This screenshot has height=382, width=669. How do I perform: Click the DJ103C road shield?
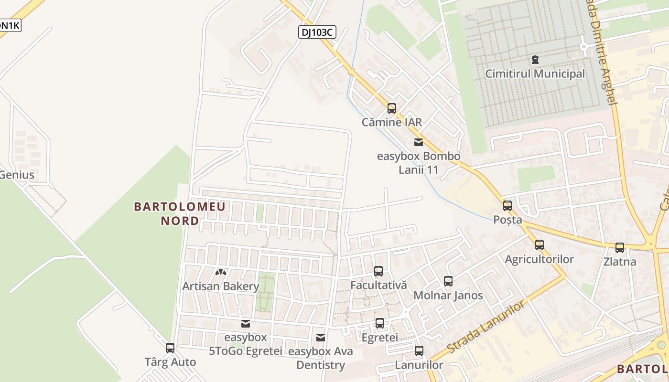click(x=317, y=32)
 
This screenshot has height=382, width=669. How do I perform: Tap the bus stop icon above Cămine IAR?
click(x=392, y=108)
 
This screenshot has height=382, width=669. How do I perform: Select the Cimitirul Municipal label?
click(x=535, y=74)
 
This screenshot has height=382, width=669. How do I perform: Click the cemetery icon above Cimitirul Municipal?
click(x=535, y=60)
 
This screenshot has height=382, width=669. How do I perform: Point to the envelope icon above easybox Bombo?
click(x=419, y=142)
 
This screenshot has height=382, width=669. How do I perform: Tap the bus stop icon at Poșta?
click(x=507, y=206)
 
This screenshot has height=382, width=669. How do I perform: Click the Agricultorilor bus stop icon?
click(x=540, y=245)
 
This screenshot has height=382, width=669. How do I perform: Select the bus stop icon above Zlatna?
click(x=620, y=248)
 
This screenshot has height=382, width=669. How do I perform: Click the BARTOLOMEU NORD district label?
click(x=180, y=213)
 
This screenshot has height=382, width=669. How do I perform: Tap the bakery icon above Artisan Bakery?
click(x=220, y=272)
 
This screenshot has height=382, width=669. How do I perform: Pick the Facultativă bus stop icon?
click(x=378, y=271)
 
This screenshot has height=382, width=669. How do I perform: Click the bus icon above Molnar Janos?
click(x=448, y=281)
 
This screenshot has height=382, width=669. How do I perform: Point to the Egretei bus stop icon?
click(x=380, y=323)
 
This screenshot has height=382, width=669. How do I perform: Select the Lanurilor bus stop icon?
click(x=419, y=351)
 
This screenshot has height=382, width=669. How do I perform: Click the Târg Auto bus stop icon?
click(x=170, y=348)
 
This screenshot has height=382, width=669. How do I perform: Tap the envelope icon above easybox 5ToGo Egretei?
click(x=246, y=324)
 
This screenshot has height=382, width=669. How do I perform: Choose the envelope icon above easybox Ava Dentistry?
click(x=321, y=338)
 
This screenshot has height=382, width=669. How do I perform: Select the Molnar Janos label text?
click(x=448, y=296)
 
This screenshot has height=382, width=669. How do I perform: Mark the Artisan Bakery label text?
click(x=221, y=286)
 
